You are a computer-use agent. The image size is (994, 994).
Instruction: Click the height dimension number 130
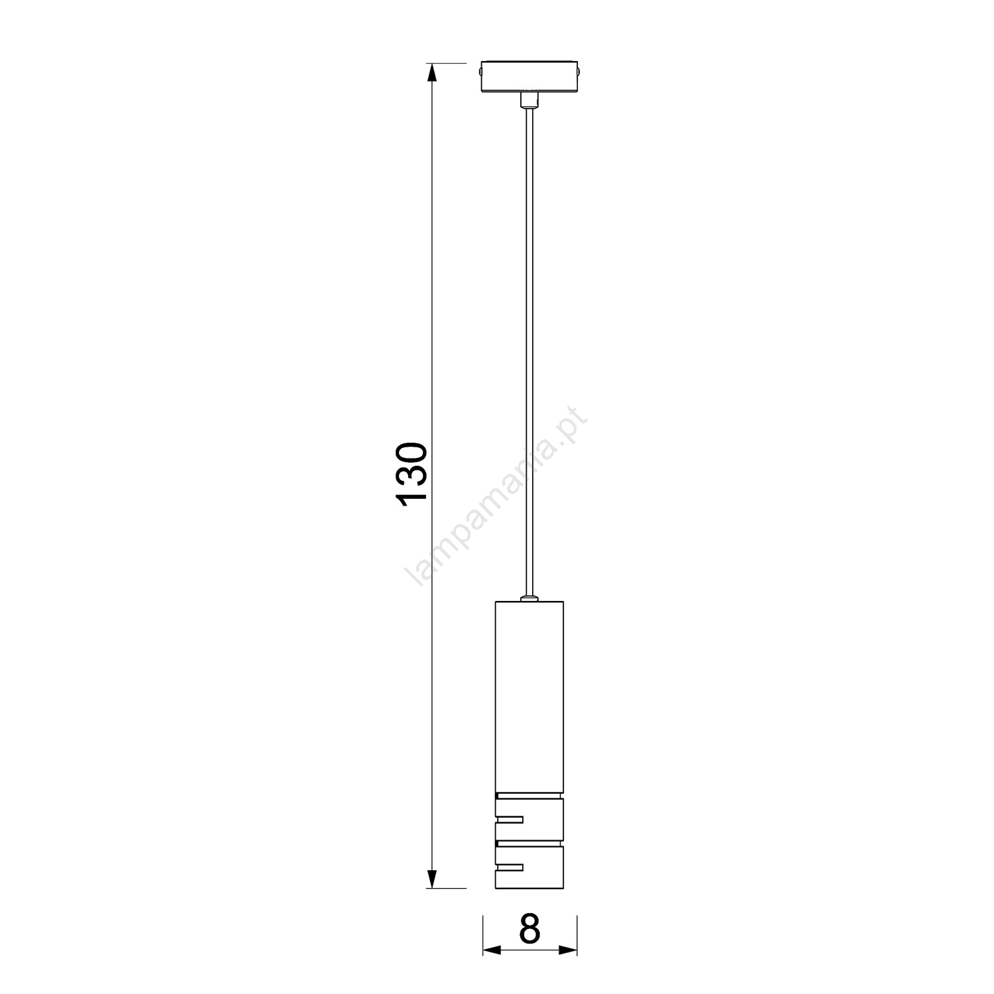(x=412, y=475)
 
